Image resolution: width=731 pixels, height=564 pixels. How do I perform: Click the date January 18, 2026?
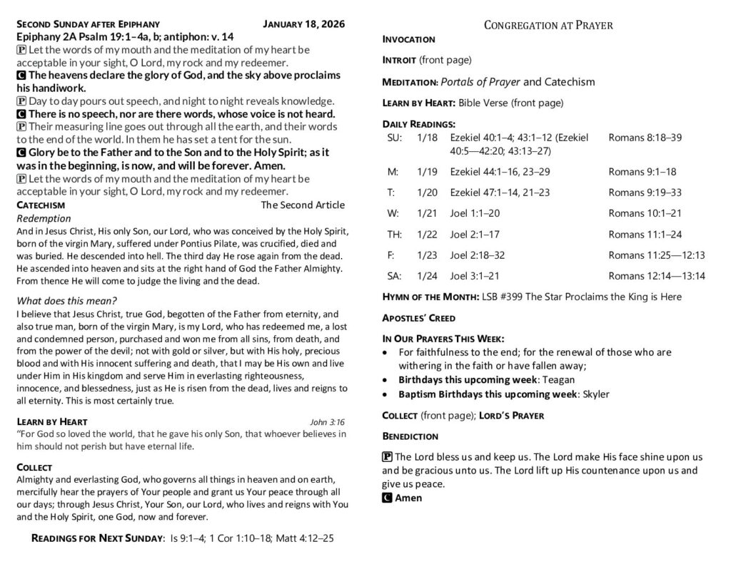tap(303, 24)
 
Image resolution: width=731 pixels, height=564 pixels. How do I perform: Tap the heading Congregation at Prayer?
tap(548, 25)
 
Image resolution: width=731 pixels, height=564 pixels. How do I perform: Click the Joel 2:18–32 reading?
tap(478, 255)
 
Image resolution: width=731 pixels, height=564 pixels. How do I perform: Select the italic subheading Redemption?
tap(44, 218)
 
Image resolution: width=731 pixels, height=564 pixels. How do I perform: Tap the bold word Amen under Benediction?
tap(408, 498)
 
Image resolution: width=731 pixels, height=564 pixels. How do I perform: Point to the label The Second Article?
tap(303, 205)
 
